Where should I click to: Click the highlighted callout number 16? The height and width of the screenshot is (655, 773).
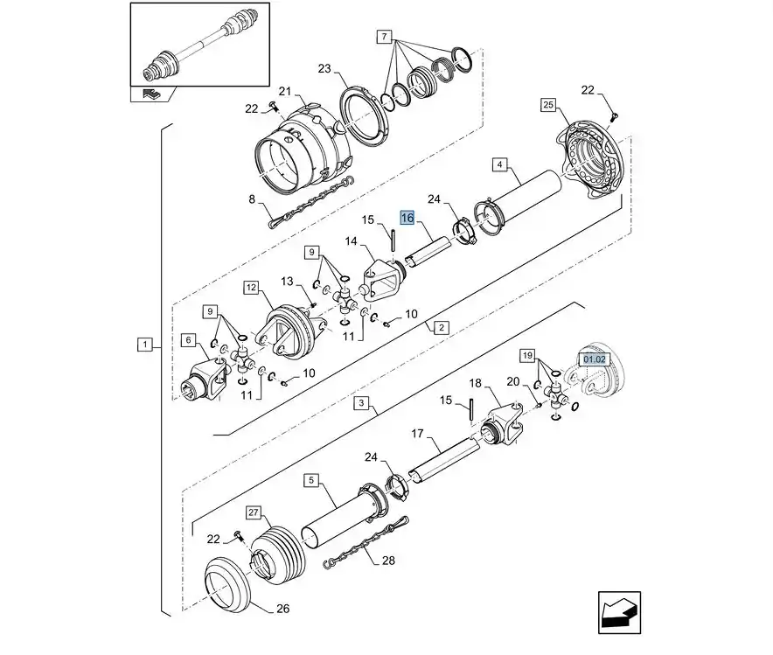click(407, 218)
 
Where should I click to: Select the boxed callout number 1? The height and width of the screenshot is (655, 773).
click(144, 345)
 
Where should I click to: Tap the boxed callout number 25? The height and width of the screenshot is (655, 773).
click(548, 105)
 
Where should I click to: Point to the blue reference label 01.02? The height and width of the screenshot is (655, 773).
click(594, 359)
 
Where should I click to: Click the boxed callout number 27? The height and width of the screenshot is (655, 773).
click(253, 512)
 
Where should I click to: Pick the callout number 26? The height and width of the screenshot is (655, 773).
click(282, 609)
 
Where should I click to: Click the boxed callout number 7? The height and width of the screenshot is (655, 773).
click(384, 37)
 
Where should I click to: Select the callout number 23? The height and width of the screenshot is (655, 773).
click(324, 68)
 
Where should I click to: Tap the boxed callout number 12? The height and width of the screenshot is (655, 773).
click(252, 288)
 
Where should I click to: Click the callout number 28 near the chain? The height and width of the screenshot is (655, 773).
click(388, 561)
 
